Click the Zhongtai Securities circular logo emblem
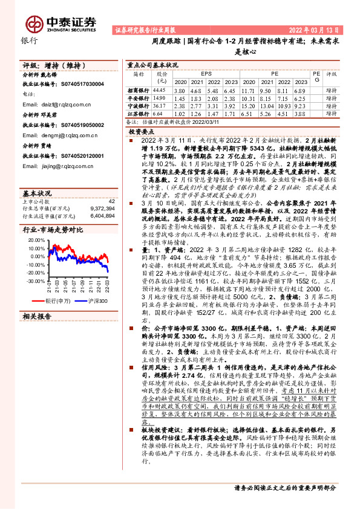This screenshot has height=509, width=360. tap(34, 22)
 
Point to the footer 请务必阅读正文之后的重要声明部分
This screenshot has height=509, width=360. tap(284, 487)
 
